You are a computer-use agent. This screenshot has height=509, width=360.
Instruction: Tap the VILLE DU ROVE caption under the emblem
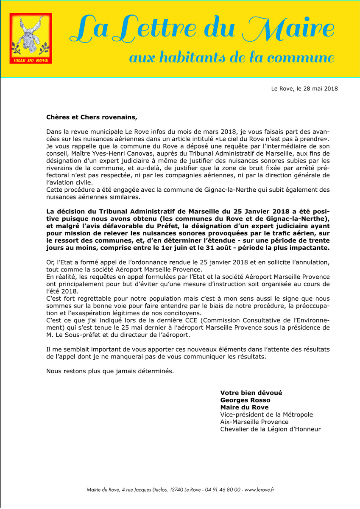click(31, 61)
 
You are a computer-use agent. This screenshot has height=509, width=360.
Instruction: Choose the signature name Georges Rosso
click(245, 400)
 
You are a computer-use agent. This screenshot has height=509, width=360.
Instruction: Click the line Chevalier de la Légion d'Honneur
click(271, 429)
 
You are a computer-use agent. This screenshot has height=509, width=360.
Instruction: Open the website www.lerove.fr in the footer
click(259, 490)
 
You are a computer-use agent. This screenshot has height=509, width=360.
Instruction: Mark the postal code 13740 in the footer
click(176, 490)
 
